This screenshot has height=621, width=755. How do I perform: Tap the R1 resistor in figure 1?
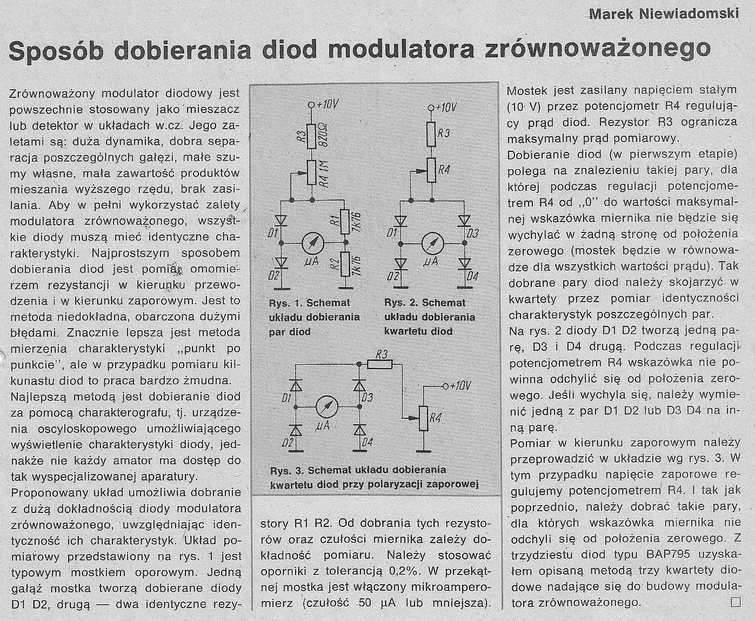[344, 221]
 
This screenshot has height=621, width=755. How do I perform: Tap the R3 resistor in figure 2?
[431, 134]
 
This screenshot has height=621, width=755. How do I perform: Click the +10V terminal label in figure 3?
[460, 386]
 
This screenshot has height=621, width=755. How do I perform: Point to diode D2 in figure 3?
[296, 430]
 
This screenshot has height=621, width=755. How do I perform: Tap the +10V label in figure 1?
[326, 104]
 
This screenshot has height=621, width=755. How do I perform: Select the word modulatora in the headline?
[400, 49]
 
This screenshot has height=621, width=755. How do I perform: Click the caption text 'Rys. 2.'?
[401, 303]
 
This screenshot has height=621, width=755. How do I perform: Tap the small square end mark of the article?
[735, 601]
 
